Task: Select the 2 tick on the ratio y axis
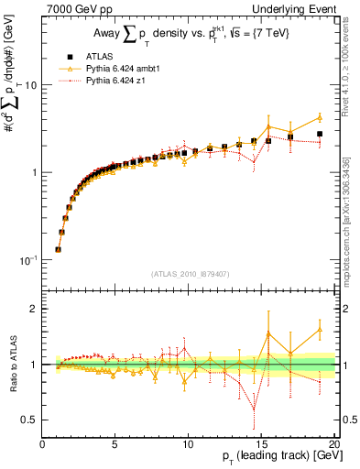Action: pyautogui.click(x=35, y=309)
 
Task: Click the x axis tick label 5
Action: pyautogui.click(x=115, y=444)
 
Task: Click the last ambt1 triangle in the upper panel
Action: pyautogui.click(x=320, y=117)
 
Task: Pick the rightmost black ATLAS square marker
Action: pyautogui.click(x=320, y=134)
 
